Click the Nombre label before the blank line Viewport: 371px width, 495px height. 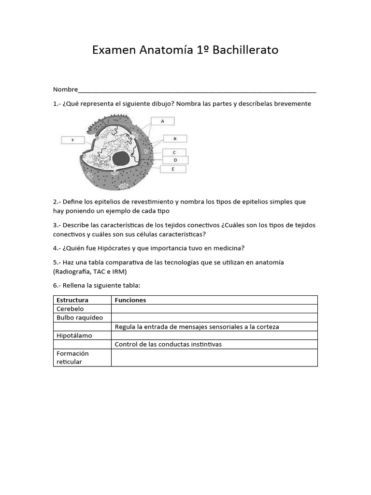pos(65,89)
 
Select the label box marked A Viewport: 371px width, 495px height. pos(162,121)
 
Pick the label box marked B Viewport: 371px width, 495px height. pos(175,139)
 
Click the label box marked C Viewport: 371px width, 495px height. pos(174,152)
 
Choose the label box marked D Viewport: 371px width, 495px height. pos(175,160)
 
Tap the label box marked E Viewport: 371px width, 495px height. pos(172,169)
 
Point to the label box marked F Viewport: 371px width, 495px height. pos(73,140)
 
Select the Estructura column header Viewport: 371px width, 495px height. pos(72,300)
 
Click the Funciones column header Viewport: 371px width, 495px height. pos(130,300)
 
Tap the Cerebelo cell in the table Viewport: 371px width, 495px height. pos(70,309)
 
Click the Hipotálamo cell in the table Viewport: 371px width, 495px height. pos(74,335)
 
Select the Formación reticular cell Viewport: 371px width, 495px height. pos(72,357)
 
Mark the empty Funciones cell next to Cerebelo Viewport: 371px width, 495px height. pos(214,309)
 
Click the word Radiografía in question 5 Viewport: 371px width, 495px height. pos(73,272)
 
